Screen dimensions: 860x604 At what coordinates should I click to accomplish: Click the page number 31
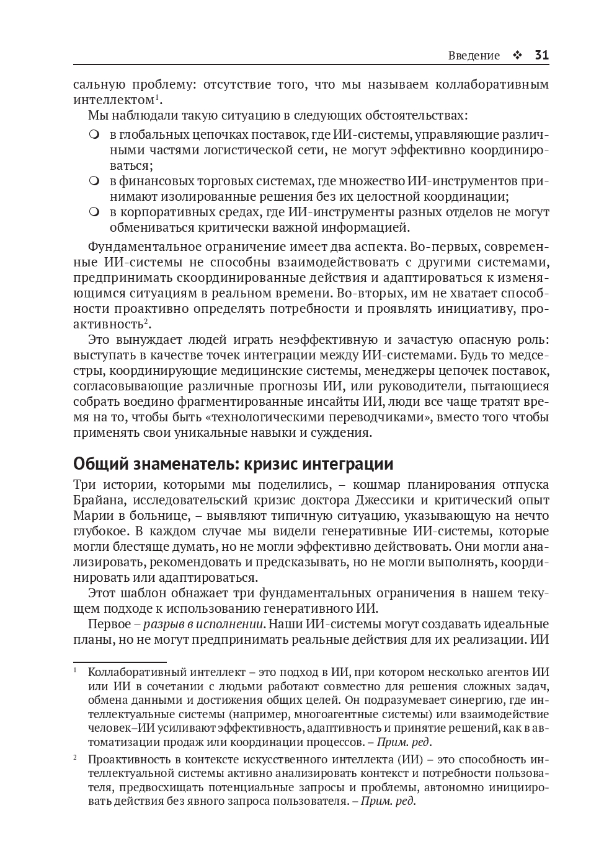pos(541,55)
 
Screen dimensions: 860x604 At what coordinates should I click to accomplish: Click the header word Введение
pos(474,56)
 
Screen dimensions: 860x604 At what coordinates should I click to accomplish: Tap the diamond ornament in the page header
pos(517,56)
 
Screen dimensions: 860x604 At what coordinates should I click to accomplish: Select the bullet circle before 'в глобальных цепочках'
pos(94,134)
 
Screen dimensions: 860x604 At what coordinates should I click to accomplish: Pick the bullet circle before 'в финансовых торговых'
pos(94,181)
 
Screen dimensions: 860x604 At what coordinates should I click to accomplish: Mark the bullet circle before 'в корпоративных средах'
pos(94,212)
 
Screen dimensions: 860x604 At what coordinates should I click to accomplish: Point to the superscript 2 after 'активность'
pos(146,321)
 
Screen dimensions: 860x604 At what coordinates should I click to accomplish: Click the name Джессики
pos(380,500)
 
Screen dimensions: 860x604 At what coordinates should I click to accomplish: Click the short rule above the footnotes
pos(120,662)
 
